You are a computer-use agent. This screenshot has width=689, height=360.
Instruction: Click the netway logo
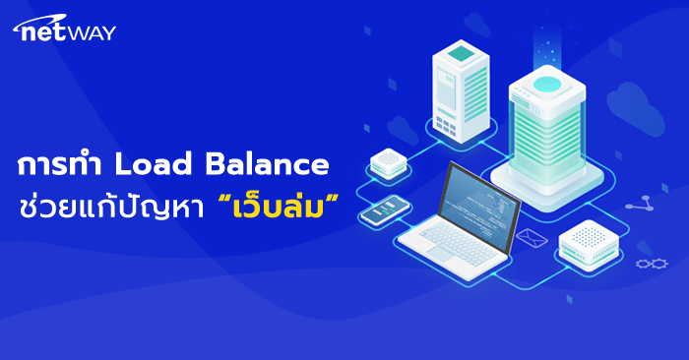[64, 31]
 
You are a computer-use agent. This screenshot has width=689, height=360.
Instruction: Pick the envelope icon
[532, 237]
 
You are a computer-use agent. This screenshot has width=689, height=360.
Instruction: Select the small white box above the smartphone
[389, 161]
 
